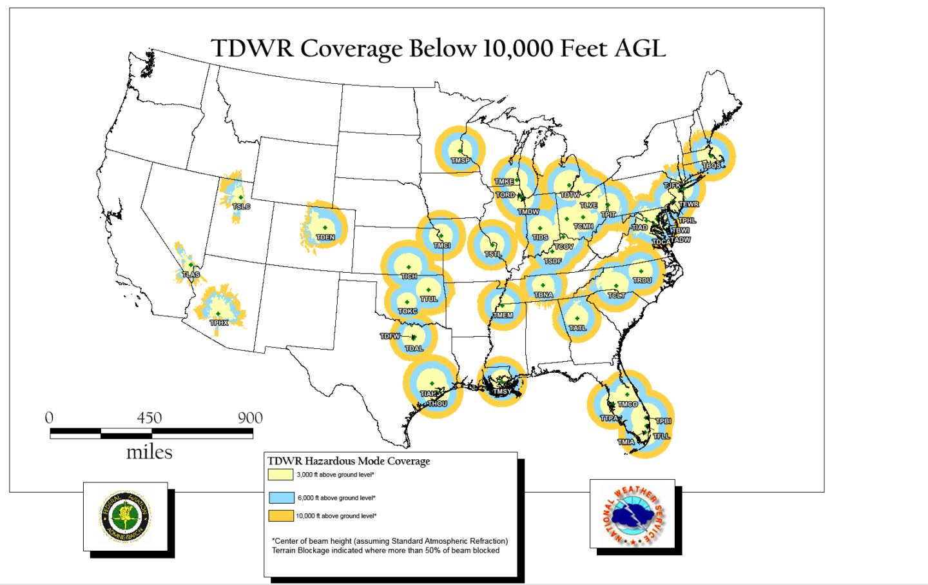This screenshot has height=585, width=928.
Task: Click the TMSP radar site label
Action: (x=460, y=161)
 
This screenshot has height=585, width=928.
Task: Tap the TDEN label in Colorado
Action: (x=325, y=237)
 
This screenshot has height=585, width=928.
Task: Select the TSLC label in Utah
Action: (x=241, y=206)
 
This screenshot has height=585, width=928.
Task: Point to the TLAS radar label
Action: (x=191, y=275)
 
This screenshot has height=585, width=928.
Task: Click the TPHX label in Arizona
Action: (x=219, y=322)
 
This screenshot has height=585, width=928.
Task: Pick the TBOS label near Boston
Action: (x=711, y=166)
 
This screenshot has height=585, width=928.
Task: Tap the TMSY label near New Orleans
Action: (x=501, y=392)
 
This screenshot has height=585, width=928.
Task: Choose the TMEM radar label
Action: (x=503, y=315)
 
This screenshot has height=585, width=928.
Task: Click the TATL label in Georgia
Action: (x=577, y=328)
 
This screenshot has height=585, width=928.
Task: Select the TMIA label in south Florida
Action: (x=626, y=442)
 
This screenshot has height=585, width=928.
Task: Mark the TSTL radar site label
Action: (x=493, y=255)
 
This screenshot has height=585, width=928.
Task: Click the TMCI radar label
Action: (x=441, y=246)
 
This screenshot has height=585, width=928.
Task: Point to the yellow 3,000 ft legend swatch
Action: (x=281, y=475)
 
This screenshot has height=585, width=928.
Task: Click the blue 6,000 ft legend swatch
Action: (x=281, y=498)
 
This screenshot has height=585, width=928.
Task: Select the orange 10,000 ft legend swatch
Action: (x=281, y=516)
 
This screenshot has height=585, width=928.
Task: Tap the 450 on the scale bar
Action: (x=149, y=418)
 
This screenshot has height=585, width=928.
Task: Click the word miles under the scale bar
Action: (x=149, y=452)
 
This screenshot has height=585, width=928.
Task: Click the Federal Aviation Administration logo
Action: (x=126, y=516)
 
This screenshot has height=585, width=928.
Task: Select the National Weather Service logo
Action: (x=632, y=514)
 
